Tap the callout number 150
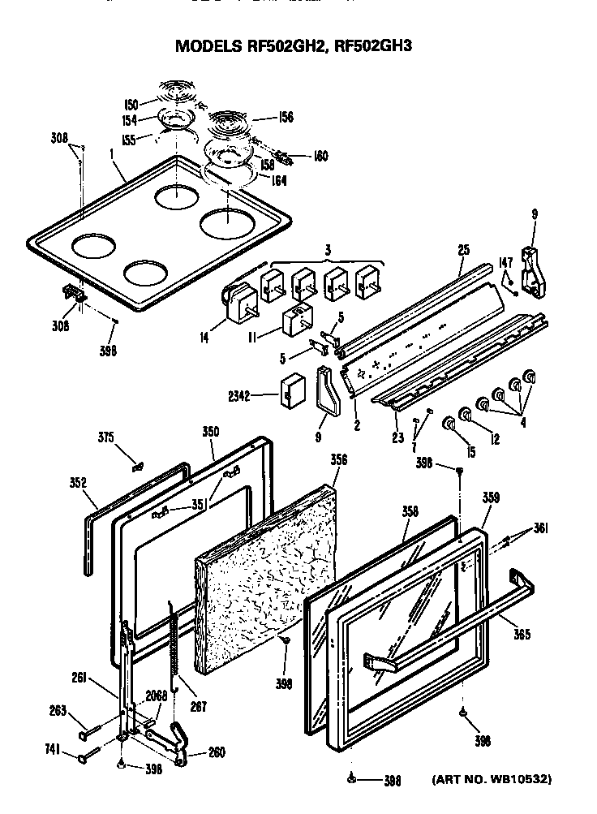[131, 104]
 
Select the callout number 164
[279, 181]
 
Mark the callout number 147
[505, 262]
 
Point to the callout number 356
[338, 459]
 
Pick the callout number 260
[217, 752]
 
